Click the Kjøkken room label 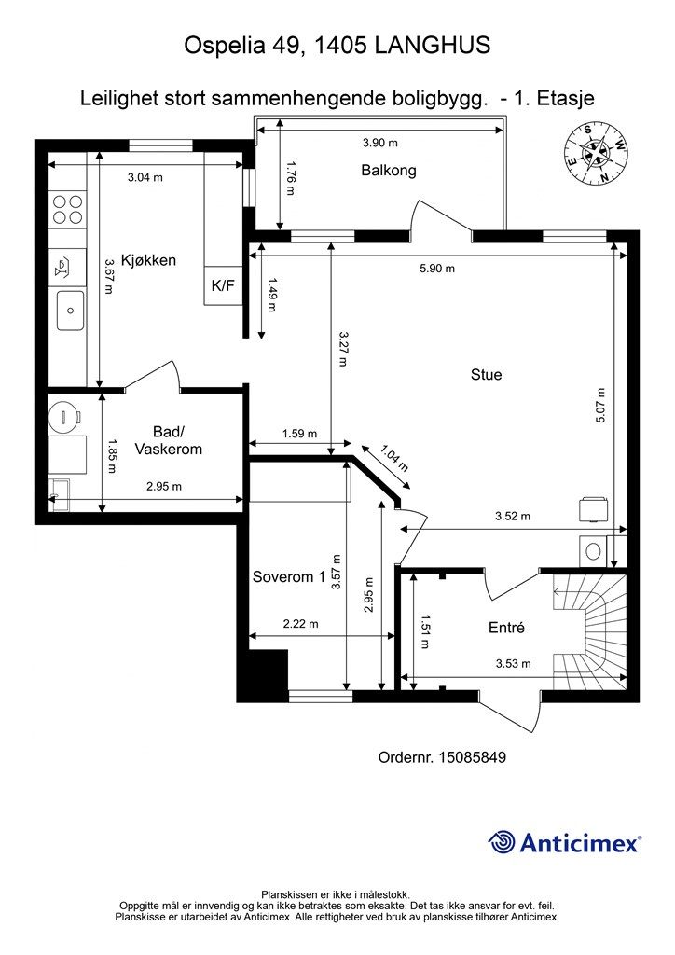(148, 261)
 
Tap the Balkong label (389, 170)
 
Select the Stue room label (487, 375)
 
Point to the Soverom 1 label (288, 576)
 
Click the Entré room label (506, 628)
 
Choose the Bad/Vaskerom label (168, 440)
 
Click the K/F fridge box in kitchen (223, 285)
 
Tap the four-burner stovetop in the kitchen (67, 208)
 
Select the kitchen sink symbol (71, 311)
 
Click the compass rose (596, 154)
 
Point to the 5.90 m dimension (437, 269)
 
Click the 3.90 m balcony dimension (379, 143)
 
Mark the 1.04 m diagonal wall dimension (393, 459)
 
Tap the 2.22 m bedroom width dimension (301, 624)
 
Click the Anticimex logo (564, 842)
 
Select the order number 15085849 (473, 757)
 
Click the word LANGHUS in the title (433, 45)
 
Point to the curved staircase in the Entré (589, 629)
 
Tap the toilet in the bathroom (64, 415)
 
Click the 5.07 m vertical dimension (600, 406)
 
